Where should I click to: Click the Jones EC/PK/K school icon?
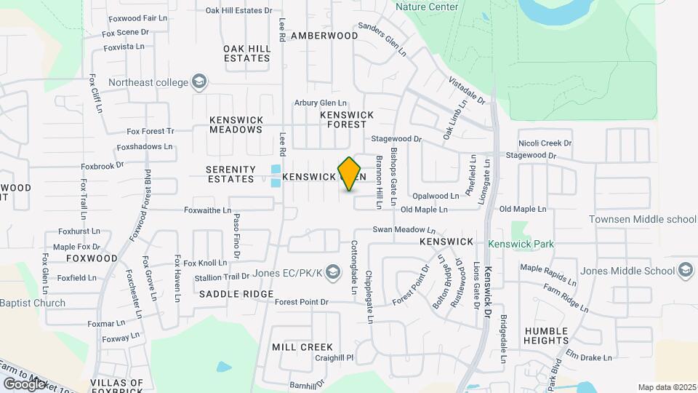tap(333, 273)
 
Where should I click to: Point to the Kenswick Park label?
tap(521, 244)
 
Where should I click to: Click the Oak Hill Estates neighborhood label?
tap(247, 53)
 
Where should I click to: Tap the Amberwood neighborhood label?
tap(324, 36)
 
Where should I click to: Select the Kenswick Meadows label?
tap(236, 124)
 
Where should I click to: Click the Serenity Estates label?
tap(231, 174)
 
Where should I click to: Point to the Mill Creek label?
tap(302, 347)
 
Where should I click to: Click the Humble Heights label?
tap(546, 336)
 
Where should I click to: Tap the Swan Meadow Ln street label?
tap(409, 229)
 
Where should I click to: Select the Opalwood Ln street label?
tap(436, 196)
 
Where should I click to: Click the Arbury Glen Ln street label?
tap(321, 103)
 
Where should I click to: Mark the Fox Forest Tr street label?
tap(151, 132)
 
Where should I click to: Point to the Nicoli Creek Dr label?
tap(545, 143)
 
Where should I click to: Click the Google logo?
tap(24, 383)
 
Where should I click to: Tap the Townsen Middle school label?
tap(642, 219)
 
